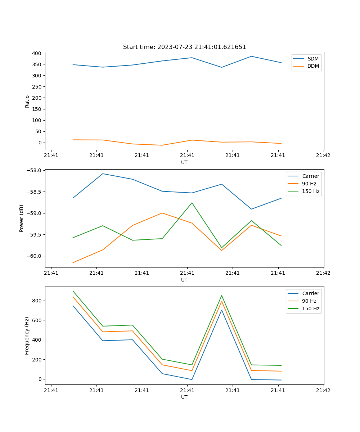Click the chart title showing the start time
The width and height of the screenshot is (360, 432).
184,47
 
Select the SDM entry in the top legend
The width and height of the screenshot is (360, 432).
312,59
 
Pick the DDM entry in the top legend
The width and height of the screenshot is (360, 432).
313,66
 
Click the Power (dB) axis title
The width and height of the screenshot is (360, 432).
22,218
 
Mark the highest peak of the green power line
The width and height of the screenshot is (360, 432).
192,203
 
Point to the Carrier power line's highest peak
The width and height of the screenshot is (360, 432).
103,174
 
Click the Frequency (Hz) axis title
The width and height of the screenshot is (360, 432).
27,336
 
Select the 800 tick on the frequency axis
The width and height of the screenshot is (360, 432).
37,301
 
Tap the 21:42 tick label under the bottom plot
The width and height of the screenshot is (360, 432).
323,390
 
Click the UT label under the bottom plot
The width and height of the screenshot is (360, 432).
184,397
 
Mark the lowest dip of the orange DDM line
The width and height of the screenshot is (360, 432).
162,145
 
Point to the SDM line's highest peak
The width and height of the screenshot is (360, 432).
251,56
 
